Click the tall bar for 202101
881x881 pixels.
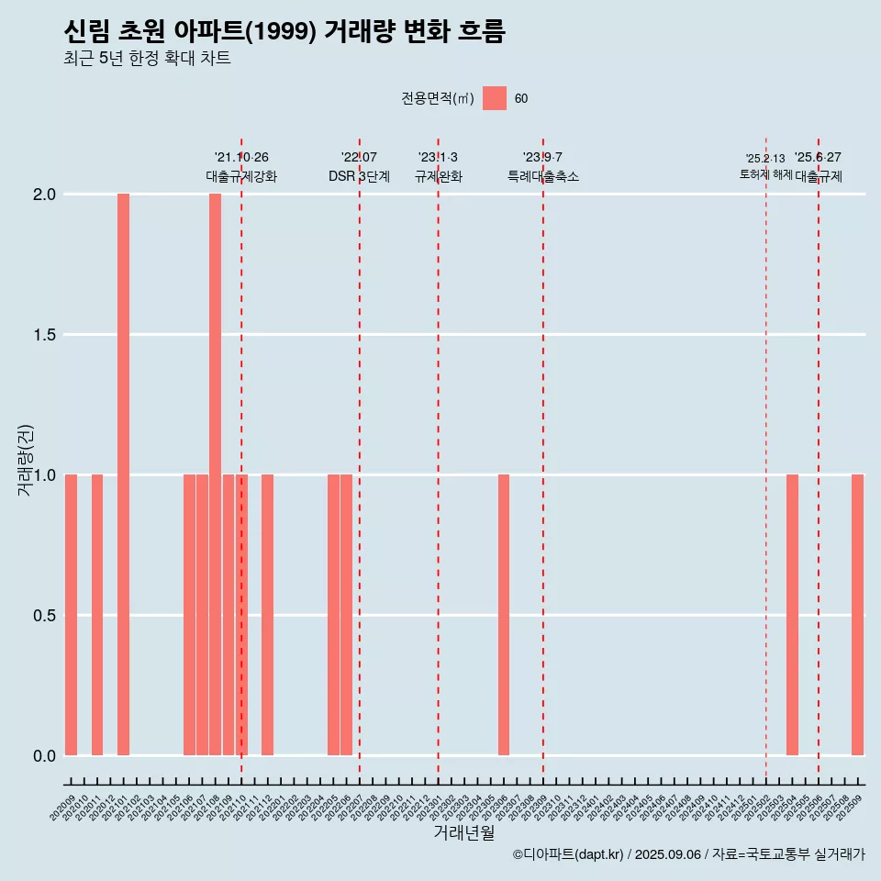point(123,474)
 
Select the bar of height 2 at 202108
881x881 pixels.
point(215,474)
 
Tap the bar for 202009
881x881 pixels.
point(71,615)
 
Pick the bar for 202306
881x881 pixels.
point(504,615)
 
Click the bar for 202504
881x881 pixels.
point(792,615)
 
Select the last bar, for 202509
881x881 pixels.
point(857,615)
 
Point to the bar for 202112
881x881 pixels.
point(267,615)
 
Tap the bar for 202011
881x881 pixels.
point(97,615)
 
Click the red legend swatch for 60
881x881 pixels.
point(495,98)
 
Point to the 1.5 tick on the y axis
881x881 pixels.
point(43,335)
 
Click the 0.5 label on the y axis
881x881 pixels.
point(43,616)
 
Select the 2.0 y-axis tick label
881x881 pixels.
point(43,195)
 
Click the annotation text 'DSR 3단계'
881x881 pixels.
point(359,176)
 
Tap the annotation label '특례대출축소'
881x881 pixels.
point(543,176)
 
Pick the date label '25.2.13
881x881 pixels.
point(765,159)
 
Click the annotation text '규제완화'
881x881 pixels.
point(438,176)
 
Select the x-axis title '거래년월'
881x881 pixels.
point(463,833)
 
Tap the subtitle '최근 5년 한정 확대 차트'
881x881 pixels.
point(147,59)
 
